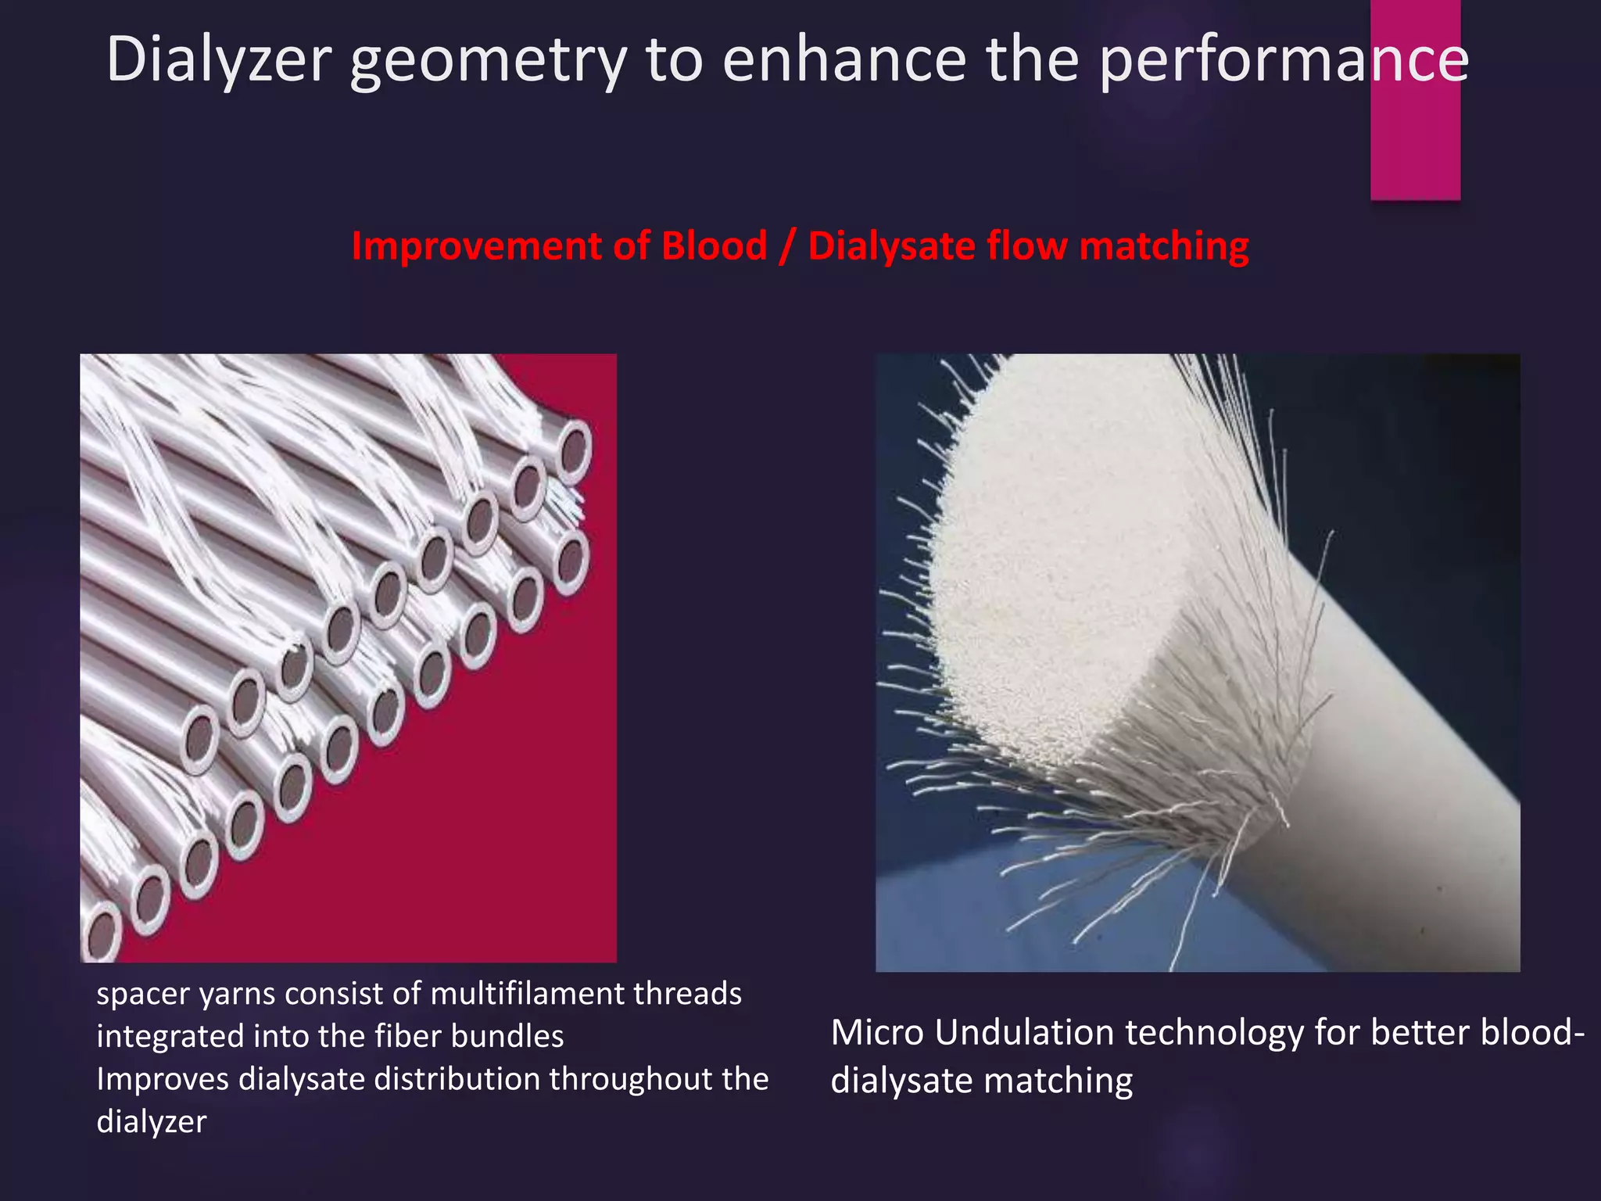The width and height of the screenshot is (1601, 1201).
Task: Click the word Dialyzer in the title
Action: (219, 59)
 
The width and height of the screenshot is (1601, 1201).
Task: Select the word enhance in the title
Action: (845, 59)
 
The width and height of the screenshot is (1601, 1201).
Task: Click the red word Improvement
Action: (476, 246)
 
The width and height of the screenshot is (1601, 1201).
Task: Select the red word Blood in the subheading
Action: (714, 246)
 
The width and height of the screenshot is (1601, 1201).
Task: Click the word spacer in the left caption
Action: (141, 995)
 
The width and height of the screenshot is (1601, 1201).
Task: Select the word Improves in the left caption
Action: (163, 1080)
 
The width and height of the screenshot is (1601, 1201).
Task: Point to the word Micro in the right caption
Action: (877, 1033)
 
